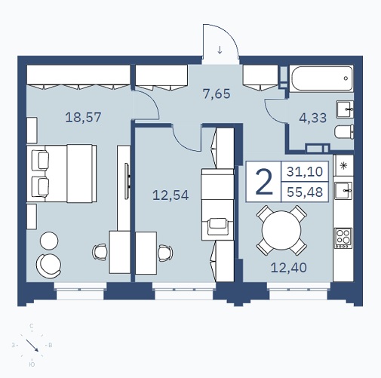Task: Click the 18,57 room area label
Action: pyautogui.click(x=83, y=118)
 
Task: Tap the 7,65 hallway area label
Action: pyautogui.click(x=217, y=94)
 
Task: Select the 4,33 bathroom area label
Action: pyautogui.click(x=313, y=118)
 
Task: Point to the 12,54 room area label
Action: pyautogui.click(x=171, y=195)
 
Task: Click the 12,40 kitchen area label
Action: pyautogui.click(x=289, y=267)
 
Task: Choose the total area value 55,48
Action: pyautogui.click(x=305, y=192)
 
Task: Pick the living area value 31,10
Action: pyautogui.click(x=305, y=171)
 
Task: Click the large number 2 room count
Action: pyautogui.click(x=264, y=182)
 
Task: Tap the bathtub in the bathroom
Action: pyautogui.click(x=322, y=78)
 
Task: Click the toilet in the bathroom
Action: pyautogui.click(x=344, y=132)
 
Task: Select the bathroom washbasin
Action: pyautogui.click(x=345, y=109)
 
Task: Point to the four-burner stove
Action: pyautogui.click(x=343, y=238)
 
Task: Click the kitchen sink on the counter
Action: pyautogui.click(x=343, y=191)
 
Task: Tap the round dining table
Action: pyautogui.click(x=281, y=230)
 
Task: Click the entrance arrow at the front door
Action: pyautogui.click(x=220, y=50)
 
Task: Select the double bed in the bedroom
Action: pyautogui.click(x=62, y=174)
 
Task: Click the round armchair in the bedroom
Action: pyautogui.click(x=49, y=266)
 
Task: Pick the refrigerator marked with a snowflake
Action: pyautogui.click(x=343, y=165)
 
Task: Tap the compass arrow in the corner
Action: pyautogui.click(x=32, y=346)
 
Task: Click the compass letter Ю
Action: pyautogui.click(x=32, y=364)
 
